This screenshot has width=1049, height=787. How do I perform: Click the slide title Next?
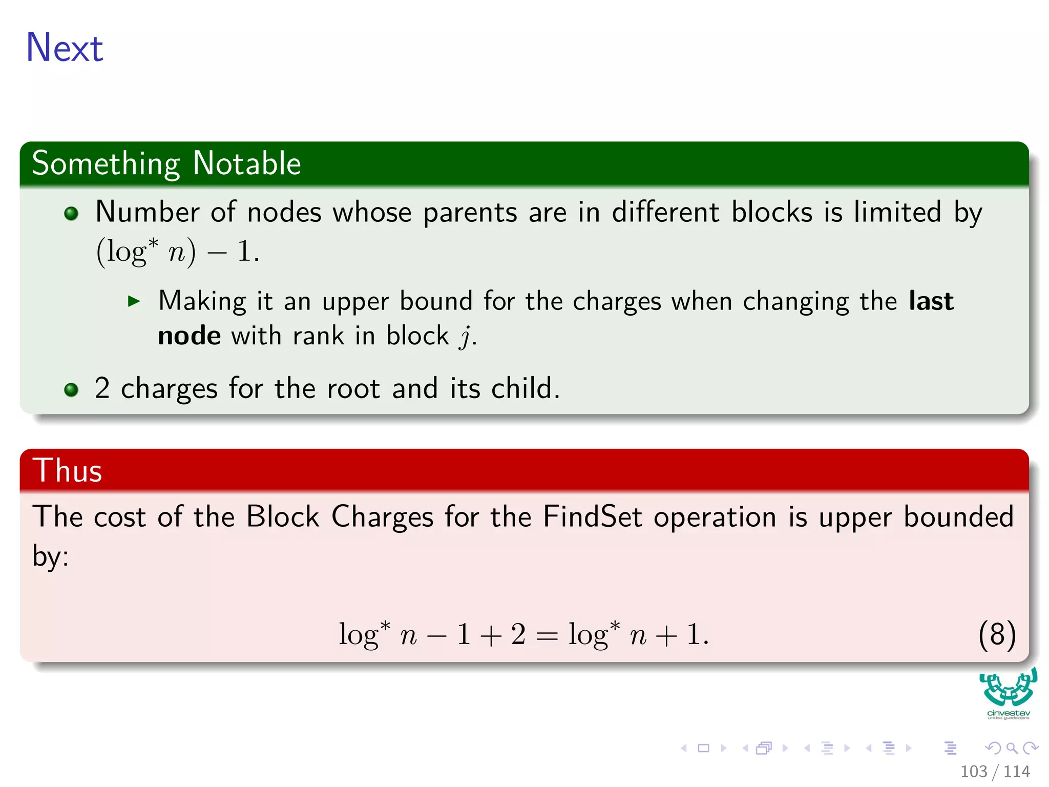[x=65, y=48]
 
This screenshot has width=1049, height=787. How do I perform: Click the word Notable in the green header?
[x=247, y=163]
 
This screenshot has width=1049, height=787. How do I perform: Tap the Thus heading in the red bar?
[x=67, y=470]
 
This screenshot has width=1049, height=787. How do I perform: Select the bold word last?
[x=931, y=301]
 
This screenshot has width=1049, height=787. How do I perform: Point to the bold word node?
[x=190, y=336]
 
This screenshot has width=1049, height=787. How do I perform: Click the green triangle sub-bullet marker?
[x=134, y=301]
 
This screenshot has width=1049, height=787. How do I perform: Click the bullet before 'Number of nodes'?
[x=71, y=214]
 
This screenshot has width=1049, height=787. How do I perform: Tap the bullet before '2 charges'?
[x=71, y=390]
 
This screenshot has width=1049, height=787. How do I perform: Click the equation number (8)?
[x=996, y=634]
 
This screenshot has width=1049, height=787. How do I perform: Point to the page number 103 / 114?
[x=995, y=772]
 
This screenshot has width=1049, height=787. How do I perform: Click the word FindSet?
[x=592, y=516]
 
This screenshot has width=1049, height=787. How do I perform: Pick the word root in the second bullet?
[x=353, y=388]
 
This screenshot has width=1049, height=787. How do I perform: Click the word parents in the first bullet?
[x=470, y=212]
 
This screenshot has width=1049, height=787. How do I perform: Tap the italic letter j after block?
[x=465, y=337]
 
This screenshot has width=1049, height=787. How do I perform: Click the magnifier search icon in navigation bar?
[x=1012, y=749]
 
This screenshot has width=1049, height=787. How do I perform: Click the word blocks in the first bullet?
[x=771, y=212]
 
